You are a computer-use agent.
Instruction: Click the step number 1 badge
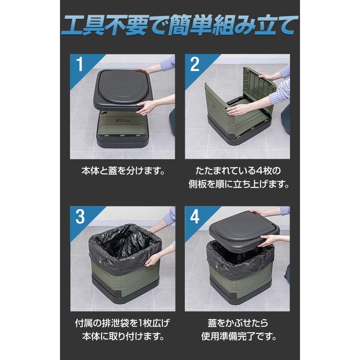[80, 64]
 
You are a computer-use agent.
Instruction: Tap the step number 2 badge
[195, 64]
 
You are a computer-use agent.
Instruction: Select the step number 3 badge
[80, 216]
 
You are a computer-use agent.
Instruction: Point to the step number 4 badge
[195, 216]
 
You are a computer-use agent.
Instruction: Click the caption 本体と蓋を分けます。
[123, 170]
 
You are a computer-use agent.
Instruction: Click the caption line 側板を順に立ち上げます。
[238, 184]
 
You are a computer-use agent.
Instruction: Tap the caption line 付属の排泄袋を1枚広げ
[123, 323]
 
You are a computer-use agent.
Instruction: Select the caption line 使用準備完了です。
[239, 336]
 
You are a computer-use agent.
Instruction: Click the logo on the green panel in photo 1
[122, 120]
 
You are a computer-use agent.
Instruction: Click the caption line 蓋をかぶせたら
[238, 323]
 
